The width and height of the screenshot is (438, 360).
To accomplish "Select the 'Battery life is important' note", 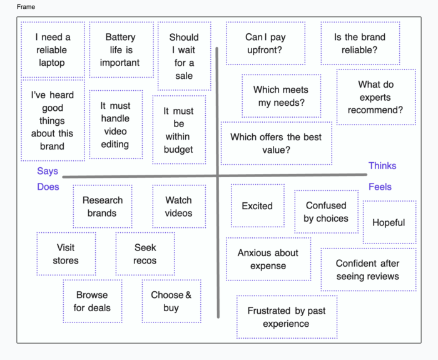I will pyautogui.click(x=121, y=50).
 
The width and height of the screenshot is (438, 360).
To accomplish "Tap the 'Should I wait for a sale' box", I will pyautogui.click(x=184, y=56).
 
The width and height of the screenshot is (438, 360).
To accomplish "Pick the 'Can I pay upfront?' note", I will pyautogui.click(x=265, y=44).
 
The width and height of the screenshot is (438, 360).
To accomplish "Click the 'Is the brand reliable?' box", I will pyautogui.click(x=360, y=44).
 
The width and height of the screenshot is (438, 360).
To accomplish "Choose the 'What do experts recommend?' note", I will pyautogui.click(x=375, y=97).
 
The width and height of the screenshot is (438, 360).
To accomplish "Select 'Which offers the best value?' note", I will pyautogui.click(x=276, y=143).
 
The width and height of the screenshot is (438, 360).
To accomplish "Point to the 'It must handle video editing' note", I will pyautogui.click(x=115, y=125).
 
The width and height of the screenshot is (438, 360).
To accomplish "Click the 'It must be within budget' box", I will pyautogui.click(x=179, y=130).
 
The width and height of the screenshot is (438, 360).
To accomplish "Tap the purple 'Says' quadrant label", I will pyautogui.click(x=48, y=171).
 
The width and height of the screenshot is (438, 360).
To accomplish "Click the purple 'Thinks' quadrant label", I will pyautogui.click(x=382, y=166).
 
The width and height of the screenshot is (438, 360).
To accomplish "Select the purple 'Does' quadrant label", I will pyautogui.click(x=48, y=187).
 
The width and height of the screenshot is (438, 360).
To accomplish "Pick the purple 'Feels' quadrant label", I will pyautogui.click(x=380, y=187).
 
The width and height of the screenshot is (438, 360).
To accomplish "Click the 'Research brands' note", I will pyautogui.click(x=102, y=207).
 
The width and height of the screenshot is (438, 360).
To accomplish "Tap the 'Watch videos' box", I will pyautogui.click(x=179, y=207).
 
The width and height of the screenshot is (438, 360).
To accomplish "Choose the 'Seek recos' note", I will pyautogui.click(x=145, y=254).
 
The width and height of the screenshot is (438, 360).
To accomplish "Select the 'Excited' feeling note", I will pyautogui.click(x=257, y=205).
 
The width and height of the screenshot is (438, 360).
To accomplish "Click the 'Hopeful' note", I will pyautogui.click(x=389, y=222).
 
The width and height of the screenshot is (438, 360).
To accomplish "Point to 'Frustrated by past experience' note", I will pyautogui.click(x=286, y=317).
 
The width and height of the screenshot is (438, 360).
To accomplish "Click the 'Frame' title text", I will pyautogui.click(x=26, y=7).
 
